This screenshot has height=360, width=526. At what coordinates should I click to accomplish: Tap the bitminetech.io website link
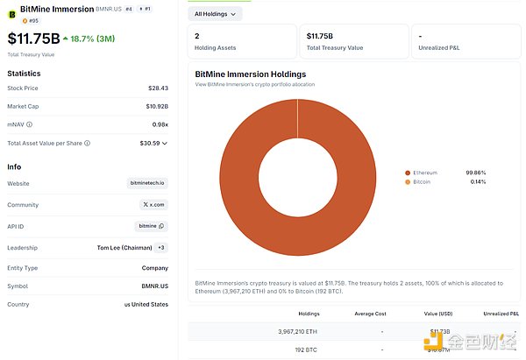(147, 183)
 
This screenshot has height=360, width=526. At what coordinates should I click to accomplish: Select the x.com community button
(154, 204)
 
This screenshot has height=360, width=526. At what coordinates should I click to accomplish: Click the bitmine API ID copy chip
(152, 226)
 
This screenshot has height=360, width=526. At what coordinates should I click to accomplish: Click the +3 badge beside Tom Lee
(161, 248)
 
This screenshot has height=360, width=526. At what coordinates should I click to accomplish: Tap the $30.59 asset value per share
(151, 143)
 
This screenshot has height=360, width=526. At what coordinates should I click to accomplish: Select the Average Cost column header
(370, 313)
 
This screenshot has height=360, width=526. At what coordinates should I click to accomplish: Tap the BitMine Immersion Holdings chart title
(251, 74)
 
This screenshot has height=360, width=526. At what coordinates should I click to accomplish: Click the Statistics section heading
(25, 73)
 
